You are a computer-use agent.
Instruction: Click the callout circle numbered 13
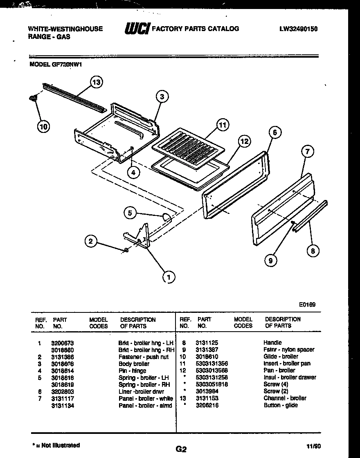(x=96, y=83)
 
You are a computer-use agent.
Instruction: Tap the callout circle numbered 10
(x=43, y=127)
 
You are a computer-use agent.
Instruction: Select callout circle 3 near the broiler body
(x=162, y=97)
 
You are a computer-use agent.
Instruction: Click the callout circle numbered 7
(x=308, y=152)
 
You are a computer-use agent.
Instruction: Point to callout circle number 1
(x=167, y=277)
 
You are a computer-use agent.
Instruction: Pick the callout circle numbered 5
(x=130, y=213)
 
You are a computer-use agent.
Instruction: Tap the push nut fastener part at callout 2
(x=126, y=250)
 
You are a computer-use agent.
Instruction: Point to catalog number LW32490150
(x=299, y=29)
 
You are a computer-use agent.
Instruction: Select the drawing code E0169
(x=307, y=304)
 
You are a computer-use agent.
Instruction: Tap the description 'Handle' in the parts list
(x=272, y=342)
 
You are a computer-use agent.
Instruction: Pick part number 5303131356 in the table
(x=212, y=364)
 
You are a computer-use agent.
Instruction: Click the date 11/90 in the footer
(x=311, y=446)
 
